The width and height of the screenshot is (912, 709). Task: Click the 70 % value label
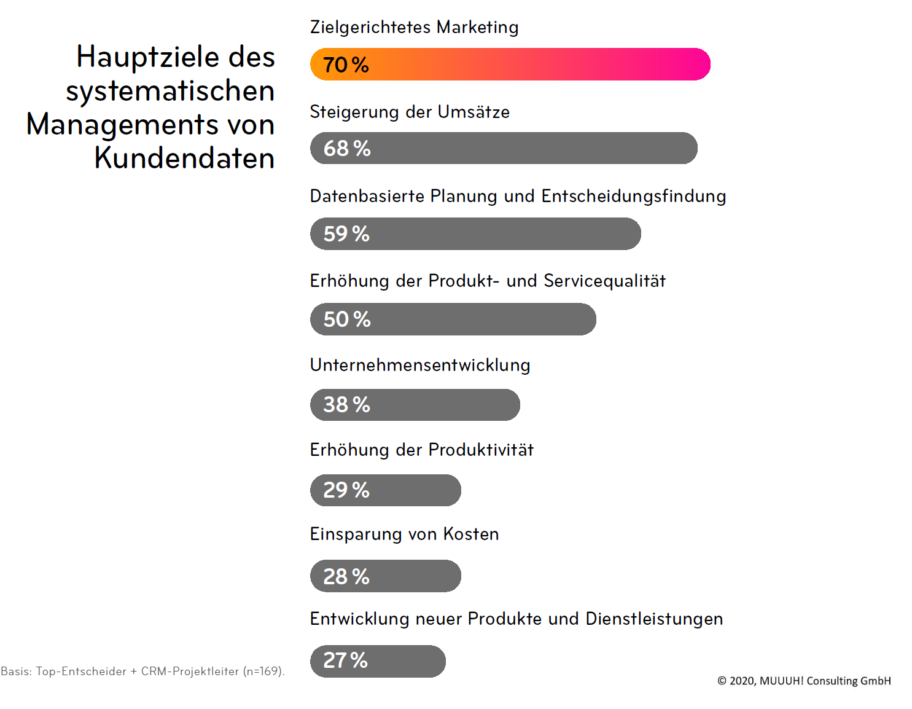346,65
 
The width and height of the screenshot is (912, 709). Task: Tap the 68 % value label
347,149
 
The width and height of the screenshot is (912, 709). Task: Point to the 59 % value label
346,234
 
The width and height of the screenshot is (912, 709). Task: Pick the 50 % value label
347,319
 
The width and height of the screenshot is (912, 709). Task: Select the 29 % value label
346,490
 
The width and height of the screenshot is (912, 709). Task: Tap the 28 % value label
346,576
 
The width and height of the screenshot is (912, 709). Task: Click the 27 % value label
345,661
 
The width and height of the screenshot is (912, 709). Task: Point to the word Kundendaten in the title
184,159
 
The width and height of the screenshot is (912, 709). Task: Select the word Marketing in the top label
477,27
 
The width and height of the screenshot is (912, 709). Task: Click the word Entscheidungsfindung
633,197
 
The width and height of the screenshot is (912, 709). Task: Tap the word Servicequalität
604,281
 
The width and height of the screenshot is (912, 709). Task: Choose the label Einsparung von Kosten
404,535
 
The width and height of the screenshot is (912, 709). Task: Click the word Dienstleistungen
654,619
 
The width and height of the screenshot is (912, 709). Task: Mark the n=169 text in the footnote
263,672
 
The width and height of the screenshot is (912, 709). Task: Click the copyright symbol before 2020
722,681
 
